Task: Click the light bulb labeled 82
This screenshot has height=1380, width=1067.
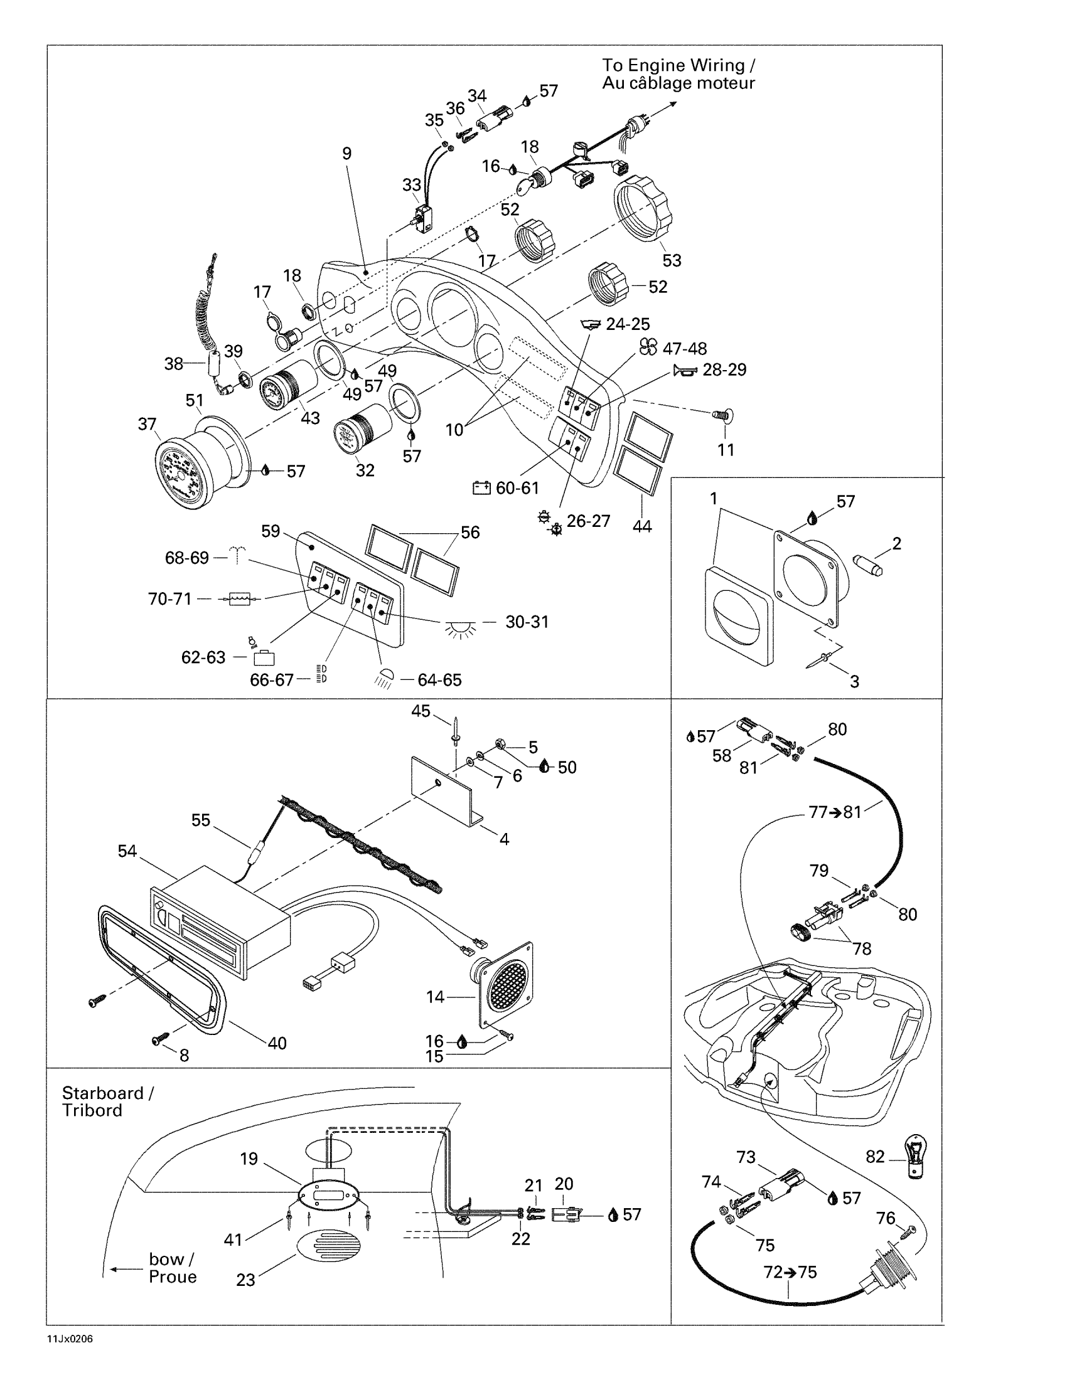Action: coord(915,1155)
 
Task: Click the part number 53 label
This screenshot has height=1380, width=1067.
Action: coord(672,260)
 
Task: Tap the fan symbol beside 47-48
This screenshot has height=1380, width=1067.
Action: coord(648,348)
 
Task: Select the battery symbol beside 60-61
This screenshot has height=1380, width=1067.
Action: coord(481,488)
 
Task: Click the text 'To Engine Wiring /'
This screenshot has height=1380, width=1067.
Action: coord(678,65)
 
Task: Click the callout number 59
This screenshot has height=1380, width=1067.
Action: coord(271,531)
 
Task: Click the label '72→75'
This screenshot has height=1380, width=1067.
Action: coord(790,1272)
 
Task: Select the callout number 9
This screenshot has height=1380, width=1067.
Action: coord(346,154)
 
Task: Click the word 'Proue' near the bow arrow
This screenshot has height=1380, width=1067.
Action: coord(173,1276)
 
